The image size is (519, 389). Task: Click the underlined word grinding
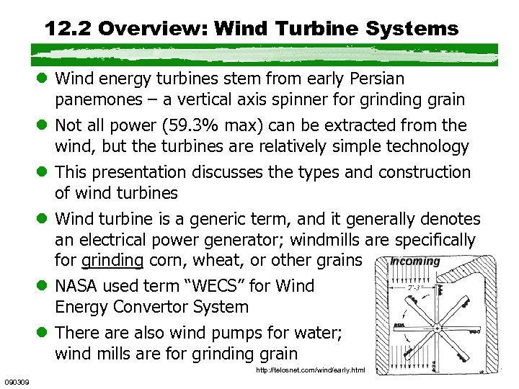[x=112, y=259]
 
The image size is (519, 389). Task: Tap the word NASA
[x=77, y=285]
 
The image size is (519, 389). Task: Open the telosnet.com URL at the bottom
[x=311, y=370]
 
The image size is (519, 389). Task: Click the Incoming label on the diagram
[x=414, y=261]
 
